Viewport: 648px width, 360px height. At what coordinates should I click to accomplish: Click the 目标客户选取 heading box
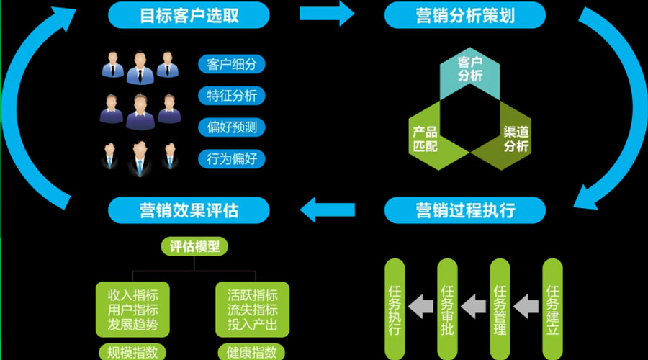(x=189, y=14)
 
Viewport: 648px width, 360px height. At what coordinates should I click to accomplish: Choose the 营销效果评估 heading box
(x=189, y=210)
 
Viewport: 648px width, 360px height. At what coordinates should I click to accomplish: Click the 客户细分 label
(x=231, y=64)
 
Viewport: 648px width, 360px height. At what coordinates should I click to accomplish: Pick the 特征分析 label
(x=231, y=96)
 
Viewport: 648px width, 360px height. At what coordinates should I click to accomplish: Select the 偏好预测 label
(x=231, y=127)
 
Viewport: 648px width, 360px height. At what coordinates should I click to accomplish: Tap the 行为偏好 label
(x=231, y=158)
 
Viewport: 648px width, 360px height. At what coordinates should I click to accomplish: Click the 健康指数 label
(x=252, y=352)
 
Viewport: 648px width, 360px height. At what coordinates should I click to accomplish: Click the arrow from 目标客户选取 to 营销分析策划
(x=326, y=13)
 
